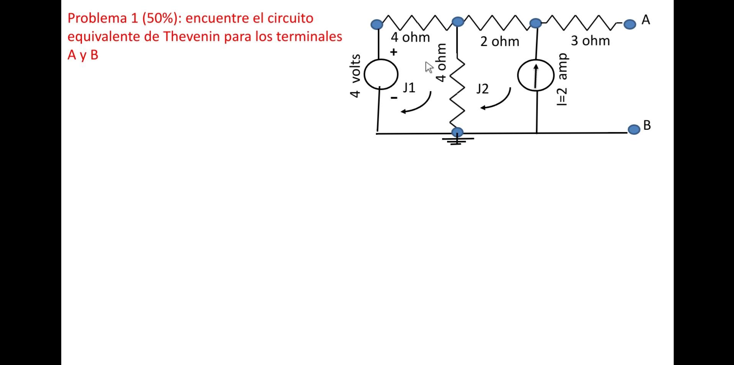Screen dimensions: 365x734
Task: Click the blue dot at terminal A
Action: click(630, 24)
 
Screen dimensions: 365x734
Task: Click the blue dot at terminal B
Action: click(634, 129)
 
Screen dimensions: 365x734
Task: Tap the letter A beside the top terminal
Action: click(646, 20)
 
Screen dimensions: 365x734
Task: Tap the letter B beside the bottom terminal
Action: click(647, 125)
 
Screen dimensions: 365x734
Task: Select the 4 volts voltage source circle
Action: click(381, 74)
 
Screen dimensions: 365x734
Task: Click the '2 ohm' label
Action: click(500, 41)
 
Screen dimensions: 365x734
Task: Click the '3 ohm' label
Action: click(590, 41)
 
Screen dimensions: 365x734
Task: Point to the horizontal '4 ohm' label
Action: click(410, 37)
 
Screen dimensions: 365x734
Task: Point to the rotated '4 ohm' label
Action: click(441, 62)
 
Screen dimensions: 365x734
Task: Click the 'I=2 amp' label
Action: click(562, 80)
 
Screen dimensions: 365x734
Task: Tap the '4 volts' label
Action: click(355, 76)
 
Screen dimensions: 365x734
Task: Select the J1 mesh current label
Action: click(409, 88)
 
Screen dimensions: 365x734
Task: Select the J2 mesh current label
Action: click(482, 89)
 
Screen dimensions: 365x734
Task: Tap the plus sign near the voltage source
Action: click(393, 52)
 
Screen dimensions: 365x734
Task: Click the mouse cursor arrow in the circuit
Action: click(429, 67)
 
